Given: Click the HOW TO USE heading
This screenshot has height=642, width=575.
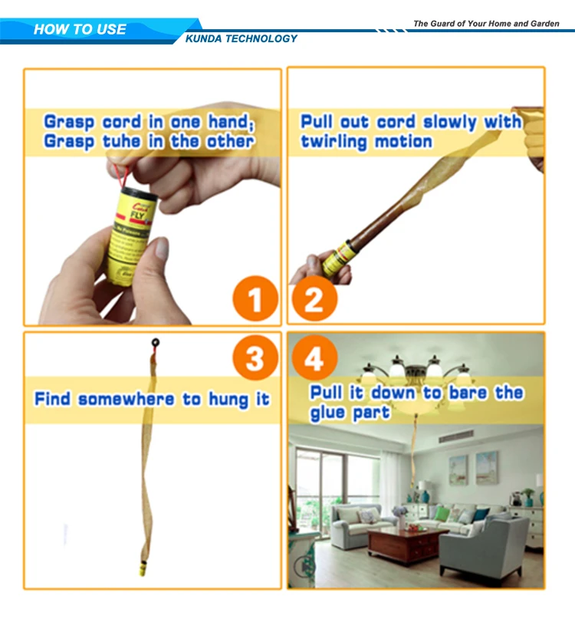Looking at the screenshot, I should pyautogui.click(x=80, y=30).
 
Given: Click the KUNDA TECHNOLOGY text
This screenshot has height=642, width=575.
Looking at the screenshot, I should pyautogui.click(x=242, y=38).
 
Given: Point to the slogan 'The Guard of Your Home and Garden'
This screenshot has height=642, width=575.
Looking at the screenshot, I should pyautogui.click(x=486, y=24).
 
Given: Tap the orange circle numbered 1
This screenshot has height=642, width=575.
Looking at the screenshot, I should pyautogui.click(x=254, y=298).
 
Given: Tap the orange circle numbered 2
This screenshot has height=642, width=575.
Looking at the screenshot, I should pyautogui.click(x=314, y=298).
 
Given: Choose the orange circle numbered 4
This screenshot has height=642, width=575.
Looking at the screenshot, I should pyautogui.click(x=314, y=358).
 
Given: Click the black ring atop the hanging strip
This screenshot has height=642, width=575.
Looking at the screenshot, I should pyautogui.click(x=156, y=343).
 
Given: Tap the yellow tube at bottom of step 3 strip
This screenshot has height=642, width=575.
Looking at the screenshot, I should pyautogui.click(x=143, y=569).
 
